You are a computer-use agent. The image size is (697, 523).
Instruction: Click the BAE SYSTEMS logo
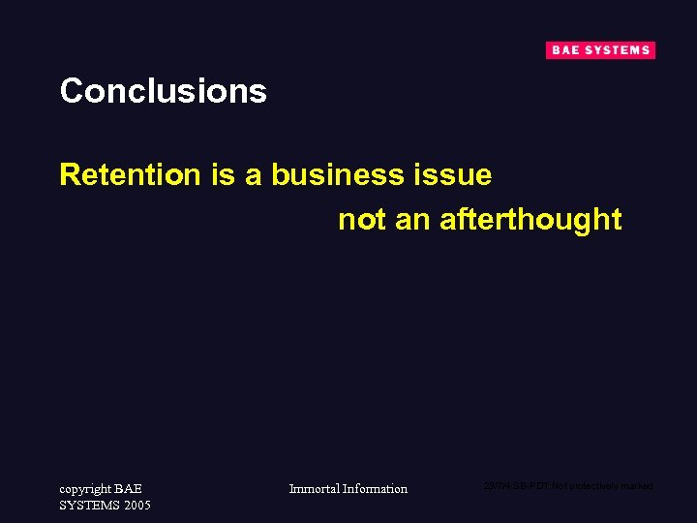point(600,50)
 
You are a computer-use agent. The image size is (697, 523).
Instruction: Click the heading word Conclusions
point(163,91)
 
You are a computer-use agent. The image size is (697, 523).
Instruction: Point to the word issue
point(456,175)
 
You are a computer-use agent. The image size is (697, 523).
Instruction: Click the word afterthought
point(530,220)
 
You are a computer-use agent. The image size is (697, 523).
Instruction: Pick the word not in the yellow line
point(362,220)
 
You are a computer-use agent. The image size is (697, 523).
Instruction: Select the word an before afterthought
point(412,220)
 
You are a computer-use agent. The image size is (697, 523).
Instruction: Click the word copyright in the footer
point(84,489)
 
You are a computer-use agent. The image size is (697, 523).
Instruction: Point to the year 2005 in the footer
point(136,506)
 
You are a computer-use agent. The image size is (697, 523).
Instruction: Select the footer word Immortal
point(315,489)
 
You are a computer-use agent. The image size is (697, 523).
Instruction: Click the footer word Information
point(376,489)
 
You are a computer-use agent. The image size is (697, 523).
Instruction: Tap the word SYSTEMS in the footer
point(89,506)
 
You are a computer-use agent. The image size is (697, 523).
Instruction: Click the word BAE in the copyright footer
point(128,489)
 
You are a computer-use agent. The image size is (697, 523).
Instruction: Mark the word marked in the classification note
point(636,485)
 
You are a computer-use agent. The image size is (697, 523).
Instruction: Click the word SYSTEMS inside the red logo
point(616,50)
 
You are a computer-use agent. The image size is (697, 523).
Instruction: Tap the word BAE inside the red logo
point(564,50)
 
